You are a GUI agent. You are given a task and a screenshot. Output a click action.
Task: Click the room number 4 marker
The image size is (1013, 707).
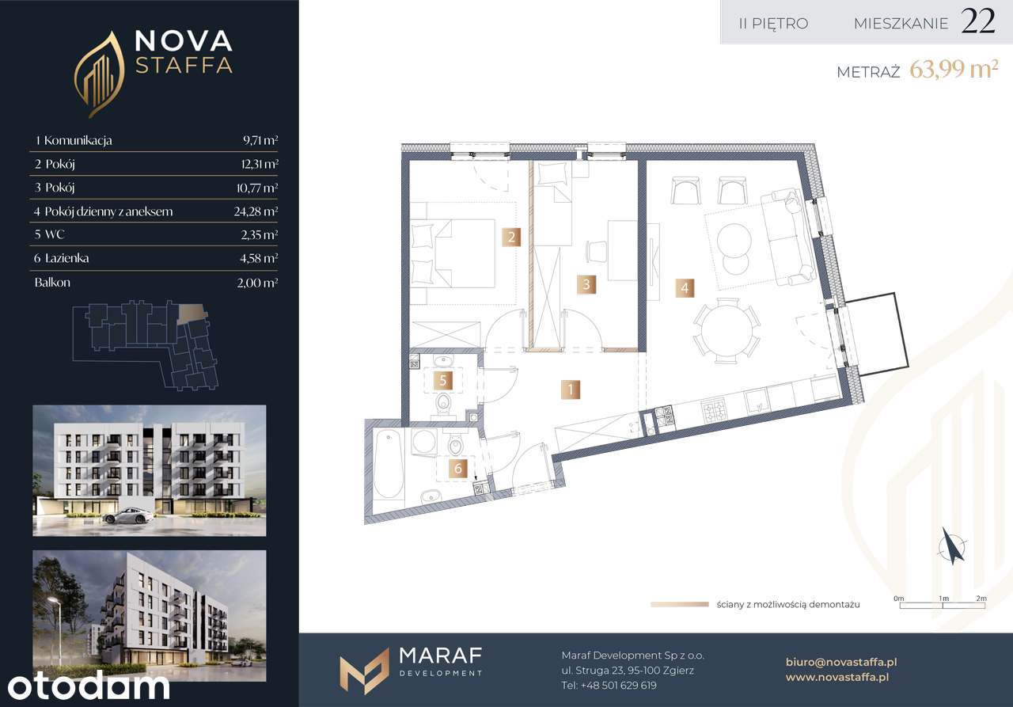[x=685, y=287]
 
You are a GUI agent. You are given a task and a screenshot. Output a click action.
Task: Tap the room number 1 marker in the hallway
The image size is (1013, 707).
[x=571, y=390]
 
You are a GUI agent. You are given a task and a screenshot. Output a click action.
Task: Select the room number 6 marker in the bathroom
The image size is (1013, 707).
[x=457, y=468]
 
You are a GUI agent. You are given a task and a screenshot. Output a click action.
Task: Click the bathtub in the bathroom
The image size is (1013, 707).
[x=388, y=464]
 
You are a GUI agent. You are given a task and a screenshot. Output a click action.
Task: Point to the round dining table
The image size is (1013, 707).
[x=727, y=331]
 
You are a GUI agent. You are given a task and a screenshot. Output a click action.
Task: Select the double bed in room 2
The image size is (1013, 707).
[x=453, y=253]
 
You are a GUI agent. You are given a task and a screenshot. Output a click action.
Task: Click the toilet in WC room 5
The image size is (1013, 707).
[x=443, y=404]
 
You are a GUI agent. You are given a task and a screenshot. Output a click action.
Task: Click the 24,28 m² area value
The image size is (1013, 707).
[x=256, y=211]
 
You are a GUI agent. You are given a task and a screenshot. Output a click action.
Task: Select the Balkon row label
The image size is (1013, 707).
[x=52, y=283]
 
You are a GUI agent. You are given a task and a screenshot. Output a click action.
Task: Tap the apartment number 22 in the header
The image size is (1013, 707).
[x=977, y=21]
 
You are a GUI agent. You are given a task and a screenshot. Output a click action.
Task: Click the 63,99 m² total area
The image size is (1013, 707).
[x=954, y=70]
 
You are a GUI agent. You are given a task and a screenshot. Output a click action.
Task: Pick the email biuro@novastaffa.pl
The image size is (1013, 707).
[x=841, y=662]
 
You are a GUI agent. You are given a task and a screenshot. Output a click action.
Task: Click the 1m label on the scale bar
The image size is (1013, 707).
[x=943, y=599]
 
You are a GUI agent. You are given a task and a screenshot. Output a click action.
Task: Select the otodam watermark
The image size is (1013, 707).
[x=89, y=686]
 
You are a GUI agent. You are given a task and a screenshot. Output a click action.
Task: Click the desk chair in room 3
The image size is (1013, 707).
[x=596, y=252]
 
